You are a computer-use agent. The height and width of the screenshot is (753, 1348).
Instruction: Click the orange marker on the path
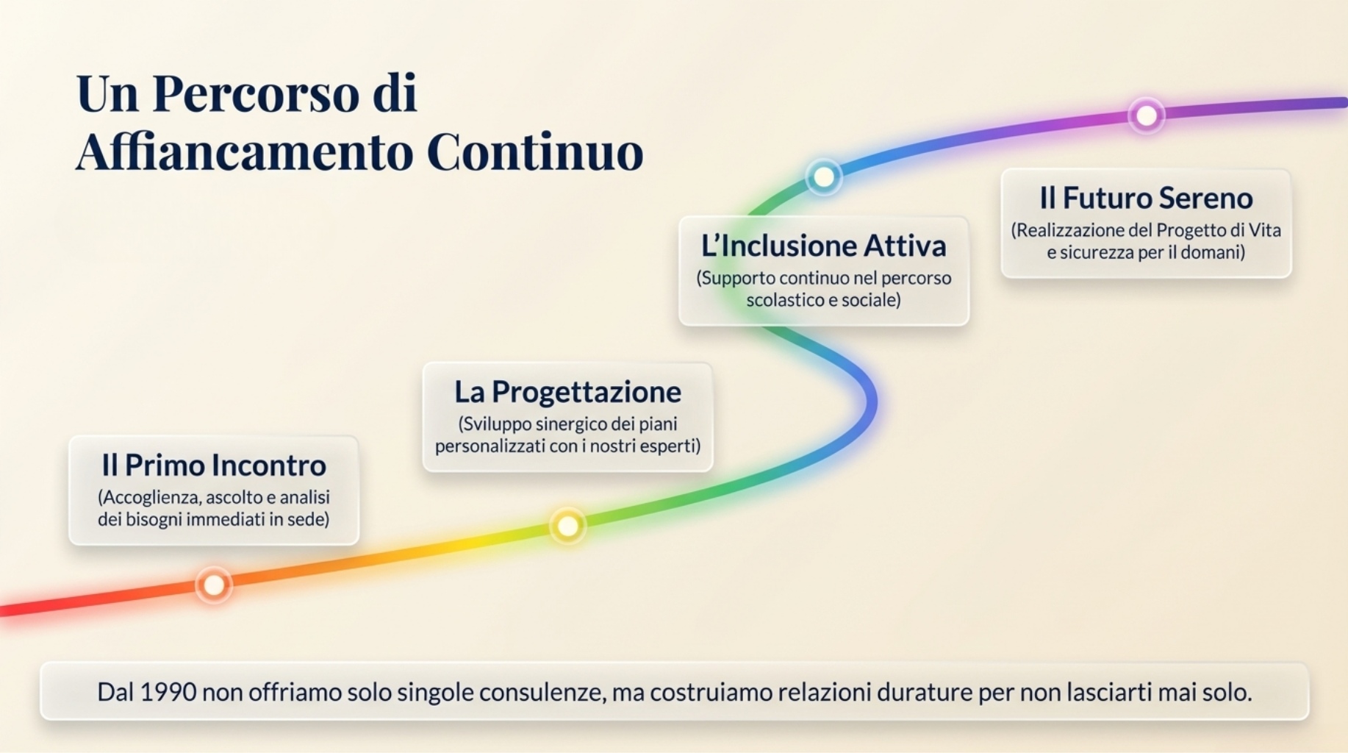coord(214,585)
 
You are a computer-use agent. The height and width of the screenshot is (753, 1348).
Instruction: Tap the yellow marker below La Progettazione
coord(567,526)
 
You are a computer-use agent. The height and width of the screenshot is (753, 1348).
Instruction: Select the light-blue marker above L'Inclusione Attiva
coord(824,177)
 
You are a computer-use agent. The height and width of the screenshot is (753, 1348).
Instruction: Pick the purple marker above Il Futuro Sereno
coord(1147,115)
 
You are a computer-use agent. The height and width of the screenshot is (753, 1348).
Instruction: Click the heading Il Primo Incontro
coord(214,465)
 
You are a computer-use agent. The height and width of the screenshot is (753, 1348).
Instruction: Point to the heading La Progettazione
coord(567,392)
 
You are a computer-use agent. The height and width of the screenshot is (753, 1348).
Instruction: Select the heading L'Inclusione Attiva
coord(823,246)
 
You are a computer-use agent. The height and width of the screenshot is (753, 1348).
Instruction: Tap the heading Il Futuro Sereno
coord(1146,198)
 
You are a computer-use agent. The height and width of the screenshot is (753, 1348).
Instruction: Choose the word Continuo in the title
coord(535,152)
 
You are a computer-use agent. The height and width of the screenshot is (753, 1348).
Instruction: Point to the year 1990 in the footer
coord(168,692)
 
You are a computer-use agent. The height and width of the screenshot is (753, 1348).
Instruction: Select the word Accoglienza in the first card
coord(152,498)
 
